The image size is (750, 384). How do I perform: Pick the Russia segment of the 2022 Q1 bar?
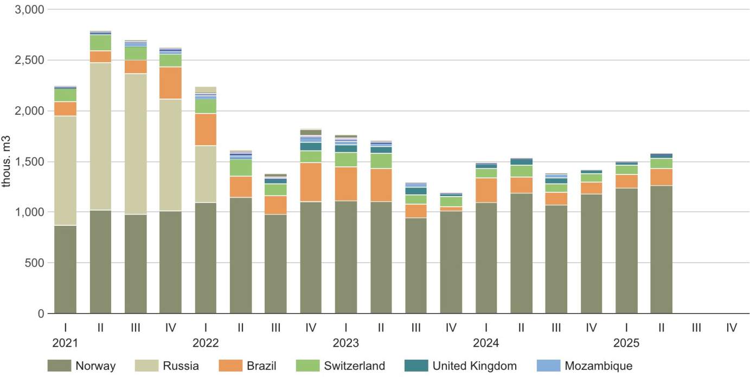pyautogui.click(x=206, y=174)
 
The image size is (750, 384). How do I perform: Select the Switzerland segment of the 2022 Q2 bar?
pyautogui.click(x=241, y=168)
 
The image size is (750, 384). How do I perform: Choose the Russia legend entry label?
pyautogui.click(x=181, y=366)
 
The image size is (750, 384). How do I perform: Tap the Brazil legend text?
pyautogui.click(x=261, y=366)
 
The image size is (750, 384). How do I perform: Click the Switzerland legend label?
pyautogui.click(x=355, y=366)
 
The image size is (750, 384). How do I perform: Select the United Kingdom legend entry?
pyautogui.click(x=474, y=366)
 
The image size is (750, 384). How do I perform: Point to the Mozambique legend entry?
pyautogui.click(x=598, y=366)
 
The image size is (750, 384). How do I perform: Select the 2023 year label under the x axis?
pyautogui.click(x=345, y=343)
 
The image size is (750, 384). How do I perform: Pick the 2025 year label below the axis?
pyautogui.click(x=626, y=343)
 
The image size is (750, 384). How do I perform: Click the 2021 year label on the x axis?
pyautogui.click(x=65, y=343)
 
